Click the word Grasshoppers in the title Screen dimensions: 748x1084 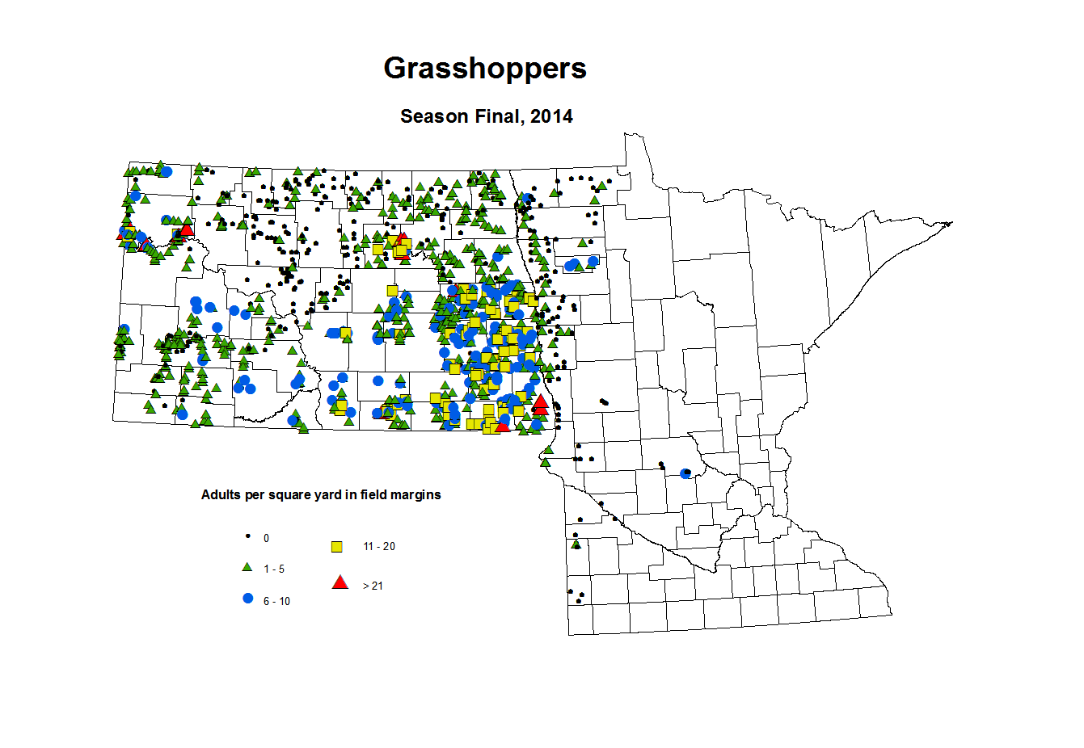pos(485,69)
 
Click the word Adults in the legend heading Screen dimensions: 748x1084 pos(221,494)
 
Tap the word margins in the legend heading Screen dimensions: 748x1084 pos(417,494)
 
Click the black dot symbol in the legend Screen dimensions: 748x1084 pos(247,536)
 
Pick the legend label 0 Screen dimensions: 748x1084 pos(267,538)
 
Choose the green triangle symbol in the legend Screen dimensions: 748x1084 pos(247,568)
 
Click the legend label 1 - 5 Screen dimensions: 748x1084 pos(274,569)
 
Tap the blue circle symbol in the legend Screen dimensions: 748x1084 pos(247,599)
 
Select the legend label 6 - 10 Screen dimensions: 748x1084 pos(276,602)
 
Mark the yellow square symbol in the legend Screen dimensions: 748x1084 pos(337,547)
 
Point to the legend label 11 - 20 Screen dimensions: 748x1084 pos(379,547)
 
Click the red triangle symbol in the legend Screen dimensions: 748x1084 pos(340,582)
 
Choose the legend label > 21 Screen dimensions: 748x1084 pos(373,586)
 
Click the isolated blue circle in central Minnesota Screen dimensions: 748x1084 pos(685,473)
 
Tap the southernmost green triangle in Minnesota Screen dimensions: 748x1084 pos(575,544)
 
